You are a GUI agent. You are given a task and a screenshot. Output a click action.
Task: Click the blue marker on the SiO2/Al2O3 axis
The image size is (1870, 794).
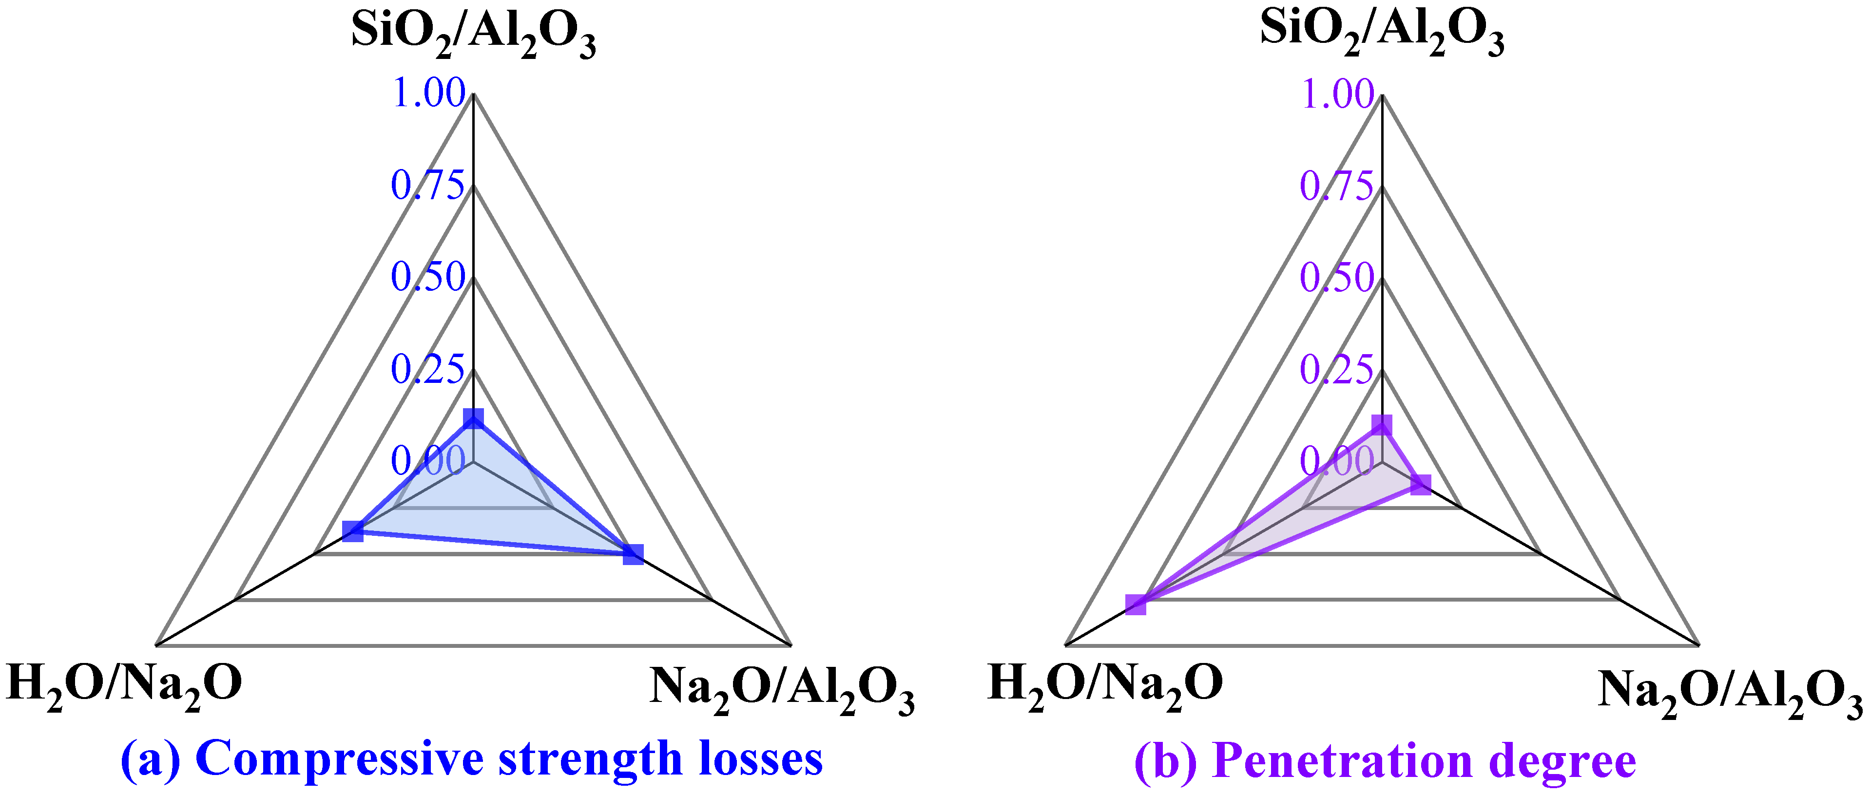[473, 419]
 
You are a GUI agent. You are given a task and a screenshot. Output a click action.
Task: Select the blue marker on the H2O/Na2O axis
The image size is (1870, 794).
[353, 531]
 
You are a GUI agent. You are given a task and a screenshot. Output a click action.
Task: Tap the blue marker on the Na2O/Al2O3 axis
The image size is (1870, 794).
[633, 554]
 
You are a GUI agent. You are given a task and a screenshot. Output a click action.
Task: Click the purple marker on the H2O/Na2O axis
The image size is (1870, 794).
[1136, 604]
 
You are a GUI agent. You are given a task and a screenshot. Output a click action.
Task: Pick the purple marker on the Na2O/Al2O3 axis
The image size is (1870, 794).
[1421, 484]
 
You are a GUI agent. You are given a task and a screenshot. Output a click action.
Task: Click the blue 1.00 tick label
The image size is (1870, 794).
[428, 93]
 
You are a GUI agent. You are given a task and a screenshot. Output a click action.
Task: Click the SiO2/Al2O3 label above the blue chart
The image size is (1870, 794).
[473, 33]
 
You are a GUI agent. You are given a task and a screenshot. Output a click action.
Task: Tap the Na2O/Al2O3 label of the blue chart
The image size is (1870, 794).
[781, 689]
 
